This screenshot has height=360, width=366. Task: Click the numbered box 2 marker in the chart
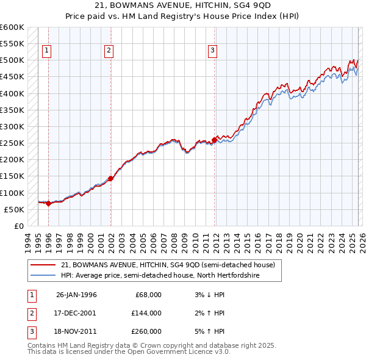point(109,51)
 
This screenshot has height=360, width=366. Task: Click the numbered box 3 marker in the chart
point(212,51)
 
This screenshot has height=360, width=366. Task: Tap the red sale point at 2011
point(214,140)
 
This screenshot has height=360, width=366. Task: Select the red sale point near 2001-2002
point(111,178)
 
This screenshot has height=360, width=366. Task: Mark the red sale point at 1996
point(49,204)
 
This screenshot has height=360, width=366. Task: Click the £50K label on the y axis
point(13,209)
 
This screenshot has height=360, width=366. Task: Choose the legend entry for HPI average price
point(160,276)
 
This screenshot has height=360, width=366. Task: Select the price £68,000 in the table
point(148,295)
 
